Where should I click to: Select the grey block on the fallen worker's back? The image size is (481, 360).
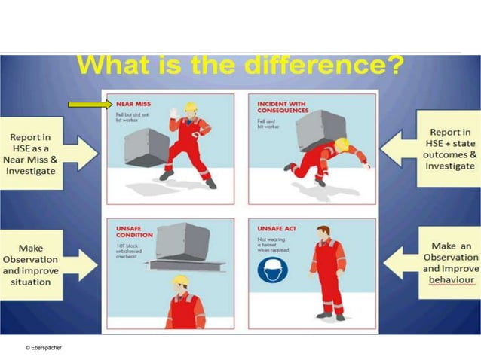(320, 130)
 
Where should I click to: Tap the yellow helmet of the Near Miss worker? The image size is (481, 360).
(190, 107)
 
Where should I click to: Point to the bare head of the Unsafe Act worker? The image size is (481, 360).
(323, 231)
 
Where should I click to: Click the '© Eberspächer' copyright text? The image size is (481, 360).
(44, 347)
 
